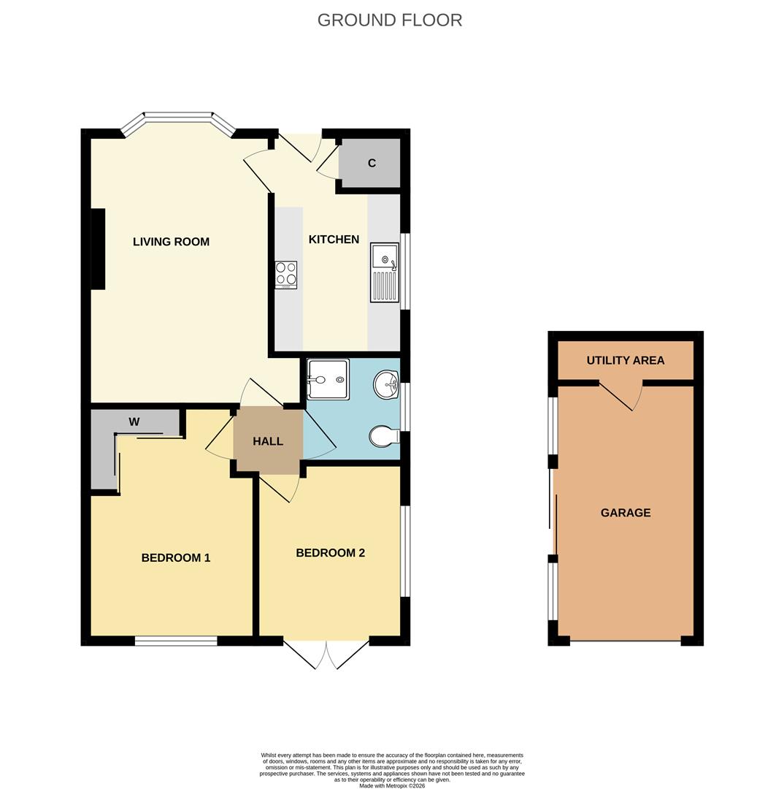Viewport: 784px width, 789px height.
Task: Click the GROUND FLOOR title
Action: (390, 20)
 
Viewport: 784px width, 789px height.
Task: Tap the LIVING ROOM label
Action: (171, 242)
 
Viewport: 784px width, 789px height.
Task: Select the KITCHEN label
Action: (334, 240)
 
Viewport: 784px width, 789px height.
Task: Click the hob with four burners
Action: (286, 274)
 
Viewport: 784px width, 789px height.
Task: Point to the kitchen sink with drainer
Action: (385, 272)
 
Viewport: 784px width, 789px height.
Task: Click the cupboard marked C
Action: (372, 163)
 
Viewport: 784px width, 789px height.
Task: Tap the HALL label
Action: (268, 441)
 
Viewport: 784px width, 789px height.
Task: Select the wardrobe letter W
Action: (134, 422)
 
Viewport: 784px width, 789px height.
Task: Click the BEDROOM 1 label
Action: (176, 558)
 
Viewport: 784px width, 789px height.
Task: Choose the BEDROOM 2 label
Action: (330, 553)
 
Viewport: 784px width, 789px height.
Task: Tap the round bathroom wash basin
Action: (386, 384)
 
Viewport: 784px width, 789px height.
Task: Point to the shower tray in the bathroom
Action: (328, 379)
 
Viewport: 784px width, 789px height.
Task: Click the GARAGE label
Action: (626, 513)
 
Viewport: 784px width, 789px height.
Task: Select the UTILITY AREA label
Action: (626, 360)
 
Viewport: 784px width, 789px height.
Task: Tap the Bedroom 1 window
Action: (176, 641)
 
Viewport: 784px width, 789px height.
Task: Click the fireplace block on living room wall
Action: (98, 248)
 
